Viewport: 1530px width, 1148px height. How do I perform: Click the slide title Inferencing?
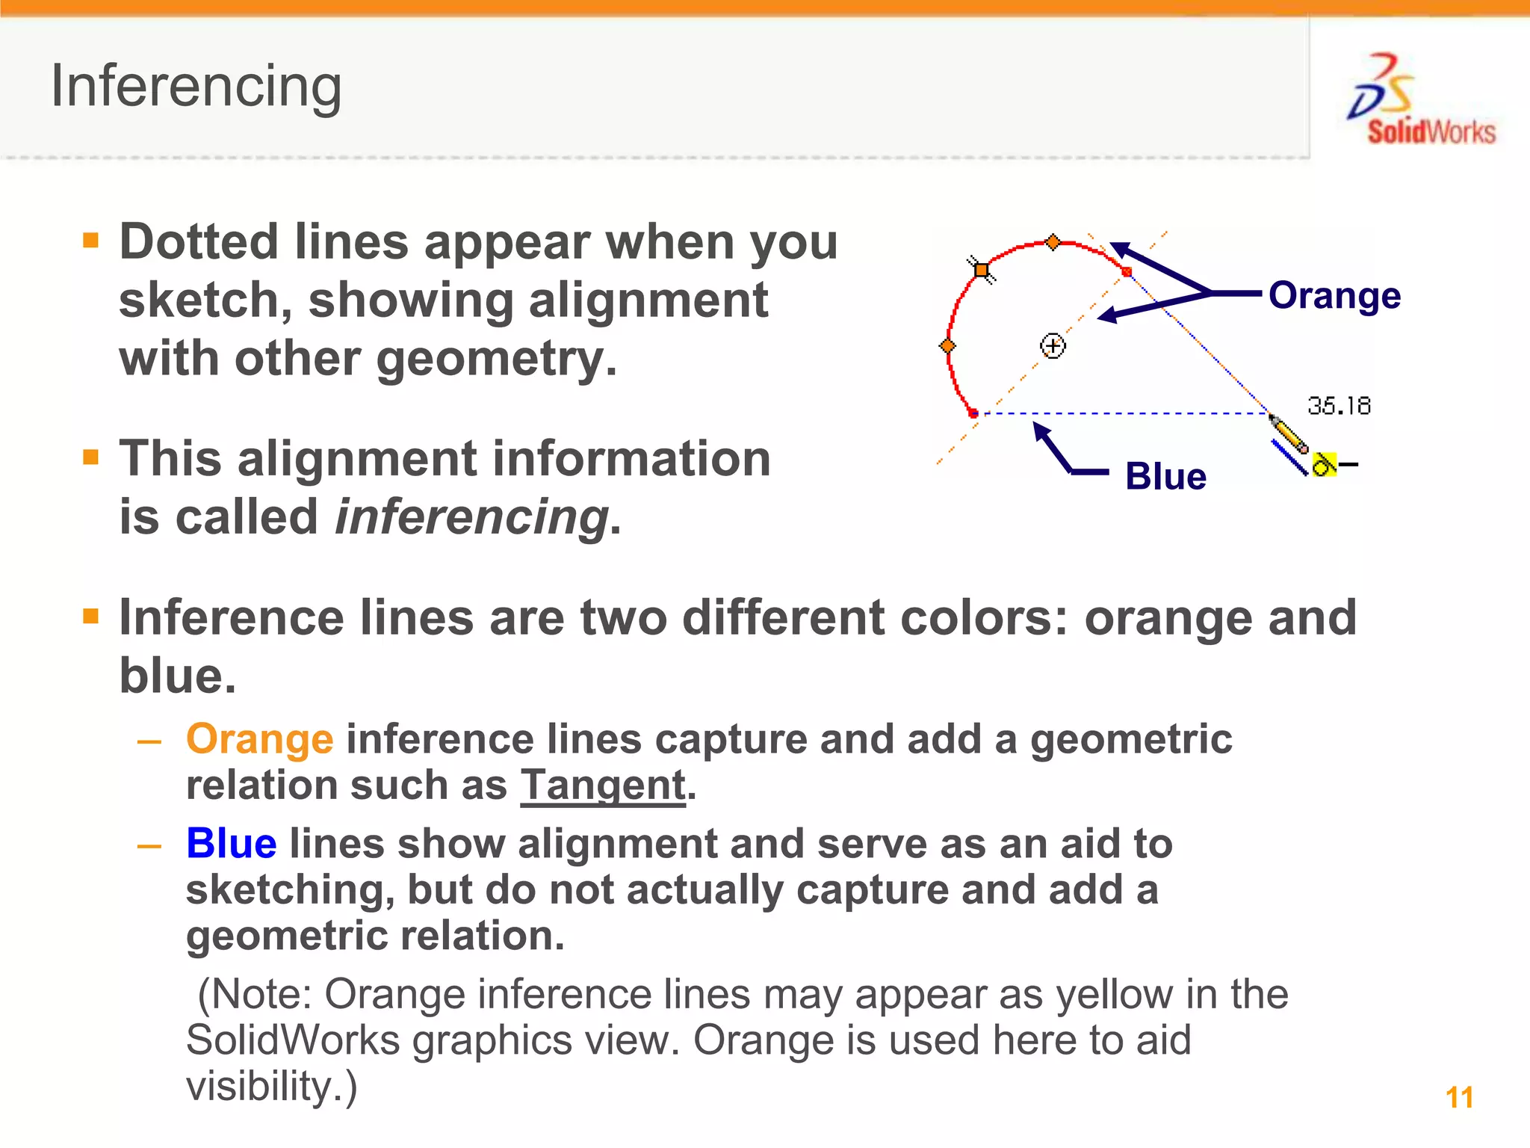(196, 87)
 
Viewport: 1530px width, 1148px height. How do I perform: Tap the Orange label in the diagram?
(1334, 295)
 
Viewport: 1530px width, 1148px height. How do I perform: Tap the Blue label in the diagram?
(1165, 477)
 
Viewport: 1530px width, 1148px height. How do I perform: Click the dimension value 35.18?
(1339, 406)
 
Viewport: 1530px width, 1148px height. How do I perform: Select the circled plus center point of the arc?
(1053, 346)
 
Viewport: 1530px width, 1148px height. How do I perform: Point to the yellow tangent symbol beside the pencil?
(1324, 464)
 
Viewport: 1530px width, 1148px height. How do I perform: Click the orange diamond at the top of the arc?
(1053, 242)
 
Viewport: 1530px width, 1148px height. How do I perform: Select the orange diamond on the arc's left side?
(947, 346)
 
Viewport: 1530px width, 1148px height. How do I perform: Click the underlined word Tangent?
(603, 786)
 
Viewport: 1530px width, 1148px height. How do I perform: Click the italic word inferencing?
(471, 517)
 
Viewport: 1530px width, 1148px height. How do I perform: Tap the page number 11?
(1459, 1097)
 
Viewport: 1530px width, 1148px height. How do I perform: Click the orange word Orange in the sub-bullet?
(259, 739)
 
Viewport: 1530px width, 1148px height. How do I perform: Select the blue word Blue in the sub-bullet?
(232, 844)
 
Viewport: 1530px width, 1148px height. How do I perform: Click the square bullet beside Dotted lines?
(91, 240)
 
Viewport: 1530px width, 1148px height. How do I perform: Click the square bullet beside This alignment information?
(91, 457)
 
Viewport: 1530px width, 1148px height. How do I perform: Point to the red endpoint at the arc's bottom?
(973, 413)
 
